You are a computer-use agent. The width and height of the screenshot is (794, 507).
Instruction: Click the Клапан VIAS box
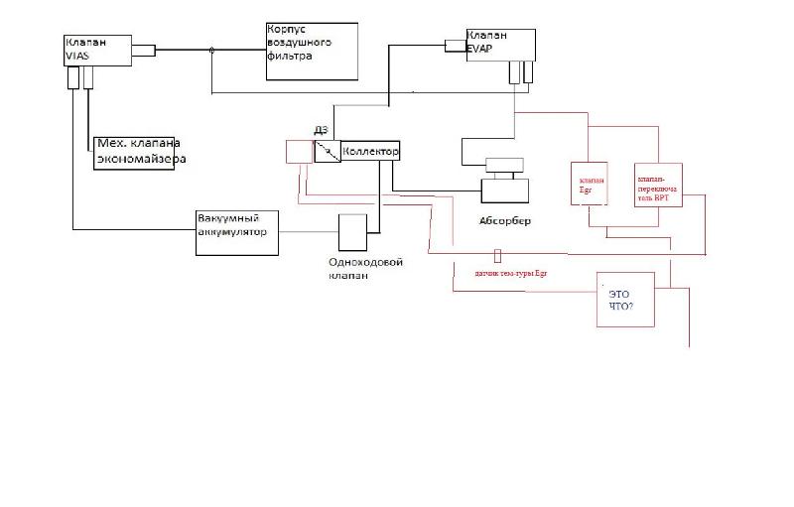[95, 55]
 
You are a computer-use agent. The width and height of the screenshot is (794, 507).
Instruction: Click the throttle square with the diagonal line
[328, 151]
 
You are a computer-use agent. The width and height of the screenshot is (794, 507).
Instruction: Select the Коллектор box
[370, 152]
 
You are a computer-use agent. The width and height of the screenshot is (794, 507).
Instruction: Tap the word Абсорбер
[505, 220]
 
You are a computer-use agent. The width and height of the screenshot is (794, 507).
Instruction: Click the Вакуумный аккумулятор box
[234, 233]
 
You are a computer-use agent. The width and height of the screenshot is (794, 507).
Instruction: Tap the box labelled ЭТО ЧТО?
[630, 304]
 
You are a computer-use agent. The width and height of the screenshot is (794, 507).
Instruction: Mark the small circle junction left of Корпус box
[210, 49]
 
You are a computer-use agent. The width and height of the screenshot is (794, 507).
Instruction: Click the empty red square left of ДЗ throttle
[298, 152]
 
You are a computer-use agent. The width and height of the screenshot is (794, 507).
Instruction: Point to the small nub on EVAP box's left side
[455, 44]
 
